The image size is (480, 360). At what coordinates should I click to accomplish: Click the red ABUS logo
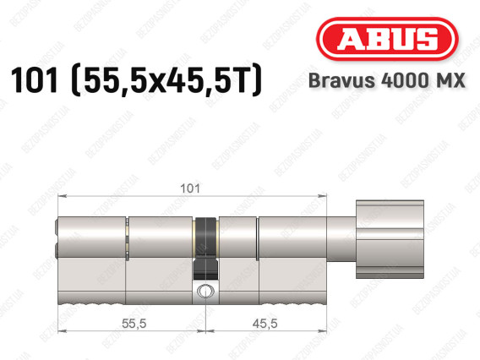click(x=387, y=39)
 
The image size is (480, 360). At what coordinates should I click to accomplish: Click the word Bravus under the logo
click(x=341, y=80)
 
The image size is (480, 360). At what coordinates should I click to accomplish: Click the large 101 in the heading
click(x=35, y=80)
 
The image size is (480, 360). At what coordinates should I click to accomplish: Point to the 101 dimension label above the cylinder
click(x=190, y=188)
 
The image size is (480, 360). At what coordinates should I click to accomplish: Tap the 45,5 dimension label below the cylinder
click(x=265, y=324)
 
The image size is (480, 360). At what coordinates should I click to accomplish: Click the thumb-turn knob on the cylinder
click(x=390, y=239)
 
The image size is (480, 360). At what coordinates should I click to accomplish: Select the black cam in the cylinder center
click(x=205, y=248)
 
